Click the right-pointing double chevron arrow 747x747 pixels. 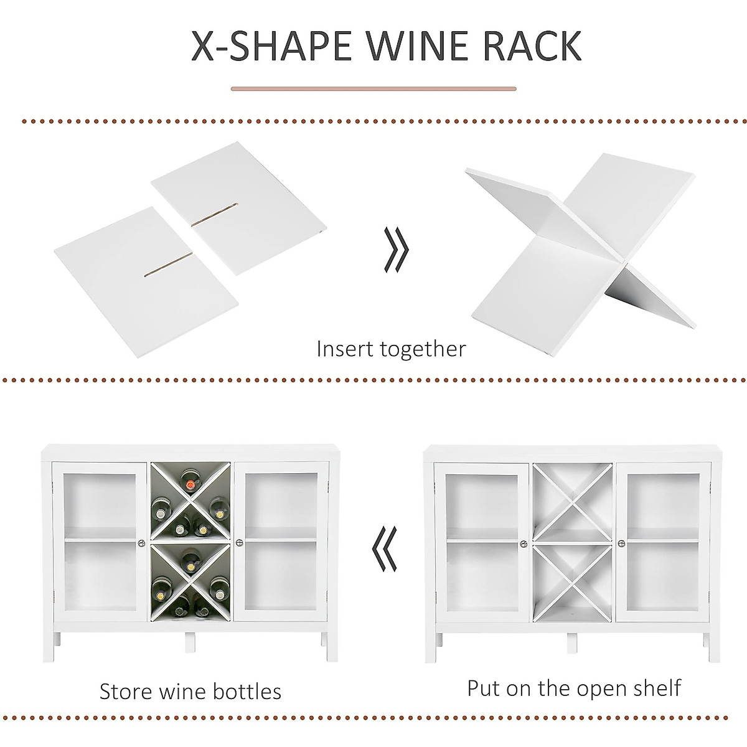395,250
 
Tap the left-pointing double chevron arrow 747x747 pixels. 384,548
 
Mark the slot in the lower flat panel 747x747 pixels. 167,264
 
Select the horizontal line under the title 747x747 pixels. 374,89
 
